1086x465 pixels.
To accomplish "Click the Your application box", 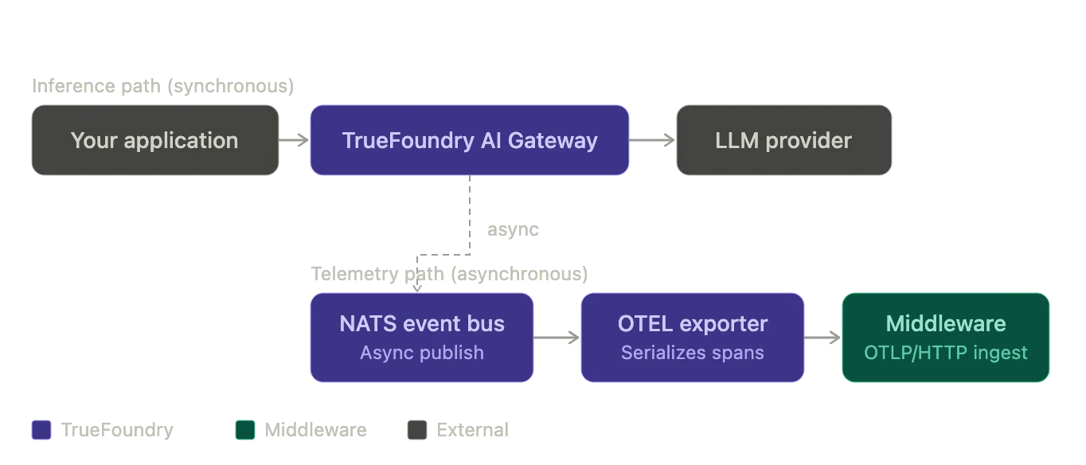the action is (x=155, y=140).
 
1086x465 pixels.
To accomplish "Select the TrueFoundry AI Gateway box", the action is (x=469, y=140).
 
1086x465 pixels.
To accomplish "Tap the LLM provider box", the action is (x=784, y=140).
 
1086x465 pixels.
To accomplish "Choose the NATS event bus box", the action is (x=422, y=338).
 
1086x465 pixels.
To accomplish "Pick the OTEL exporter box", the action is (x=693, y=338).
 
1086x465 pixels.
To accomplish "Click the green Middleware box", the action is (x=946, y=338).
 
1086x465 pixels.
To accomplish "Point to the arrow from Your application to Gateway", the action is (x=294, y=140).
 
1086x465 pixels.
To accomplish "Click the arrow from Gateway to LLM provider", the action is (x=652, y=140).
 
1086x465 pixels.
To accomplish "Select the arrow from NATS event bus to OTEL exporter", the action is (x=557, y=338).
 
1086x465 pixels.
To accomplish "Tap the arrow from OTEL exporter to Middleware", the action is (x=822, y=338).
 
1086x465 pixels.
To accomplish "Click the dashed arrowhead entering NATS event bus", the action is (x=417, y=288).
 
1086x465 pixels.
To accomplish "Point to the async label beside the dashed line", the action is (x=513, y=229).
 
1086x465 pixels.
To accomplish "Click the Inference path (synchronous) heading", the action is (x=163, y=86).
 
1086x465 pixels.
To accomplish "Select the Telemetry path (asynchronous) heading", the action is (x=449, y=274).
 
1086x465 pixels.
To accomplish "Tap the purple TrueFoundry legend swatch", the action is (x=41, y=430).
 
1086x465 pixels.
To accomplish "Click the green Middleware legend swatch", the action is (x=245, y=430).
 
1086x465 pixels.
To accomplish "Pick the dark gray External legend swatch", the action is (x=417, y=430).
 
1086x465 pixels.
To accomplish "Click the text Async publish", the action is (x=422, y=353).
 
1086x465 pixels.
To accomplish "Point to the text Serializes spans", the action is (x=693, y=353).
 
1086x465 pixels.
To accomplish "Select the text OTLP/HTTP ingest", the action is (x=946, y=353).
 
